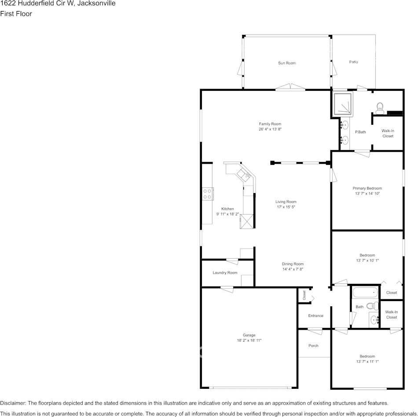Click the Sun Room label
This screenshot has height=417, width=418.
tap(286, 63)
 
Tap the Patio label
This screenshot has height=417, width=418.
tap(353, 62)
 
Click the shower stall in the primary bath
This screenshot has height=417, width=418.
tap(342, 104)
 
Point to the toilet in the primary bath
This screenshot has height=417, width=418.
tap(380, 107)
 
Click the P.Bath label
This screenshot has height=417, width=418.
tap(360, 132)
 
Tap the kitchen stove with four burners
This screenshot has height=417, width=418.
tap(208, 194)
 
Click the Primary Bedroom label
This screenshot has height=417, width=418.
tap(367, 188)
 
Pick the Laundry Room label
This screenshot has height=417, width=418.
tap(225, 273)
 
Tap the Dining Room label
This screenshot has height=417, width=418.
tap(293, 264)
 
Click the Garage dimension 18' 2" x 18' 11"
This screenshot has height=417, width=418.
tap(249, 341)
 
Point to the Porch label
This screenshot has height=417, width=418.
tap(313, 346)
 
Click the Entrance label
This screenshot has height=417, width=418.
tap(315, 316)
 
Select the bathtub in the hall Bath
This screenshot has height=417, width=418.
tap(365, 292)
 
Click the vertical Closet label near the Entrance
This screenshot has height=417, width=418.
tap(304, 295)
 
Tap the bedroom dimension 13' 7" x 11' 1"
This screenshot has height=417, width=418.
tap(367, 361)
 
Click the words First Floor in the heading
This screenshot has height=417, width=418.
tap(16, 14)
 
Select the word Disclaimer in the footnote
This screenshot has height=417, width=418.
tap(13, 403)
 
